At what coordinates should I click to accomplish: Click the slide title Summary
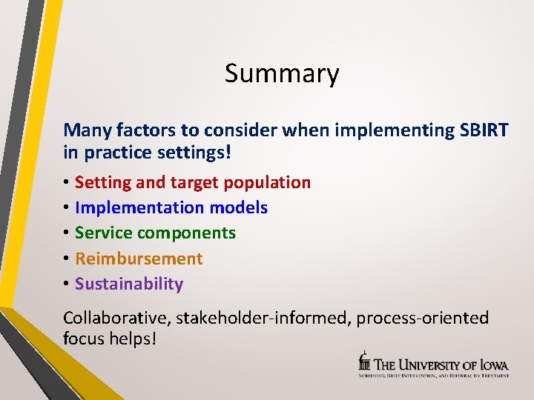(x=282, y=74)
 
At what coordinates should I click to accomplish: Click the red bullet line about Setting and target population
(x=193, y=182)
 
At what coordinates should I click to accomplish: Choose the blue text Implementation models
(x=171, y=208)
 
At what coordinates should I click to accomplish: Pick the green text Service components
(x=155, y=233)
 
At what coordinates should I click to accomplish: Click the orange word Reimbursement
(x=139, y=259)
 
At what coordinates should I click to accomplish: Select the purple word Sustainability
(x=129, y=284)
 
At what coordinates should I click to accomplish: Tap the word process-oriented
(x=423, y=319)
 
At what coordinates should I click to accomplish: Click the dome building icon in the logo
(x=363, y=361)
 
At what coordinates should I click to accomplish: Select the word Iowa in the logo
(x=494, y=364)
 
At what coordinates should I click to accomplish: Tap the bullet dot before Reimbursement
(x=67, y=259)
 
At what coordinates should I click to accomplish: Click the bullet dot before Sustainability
(x=67, y=284)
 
